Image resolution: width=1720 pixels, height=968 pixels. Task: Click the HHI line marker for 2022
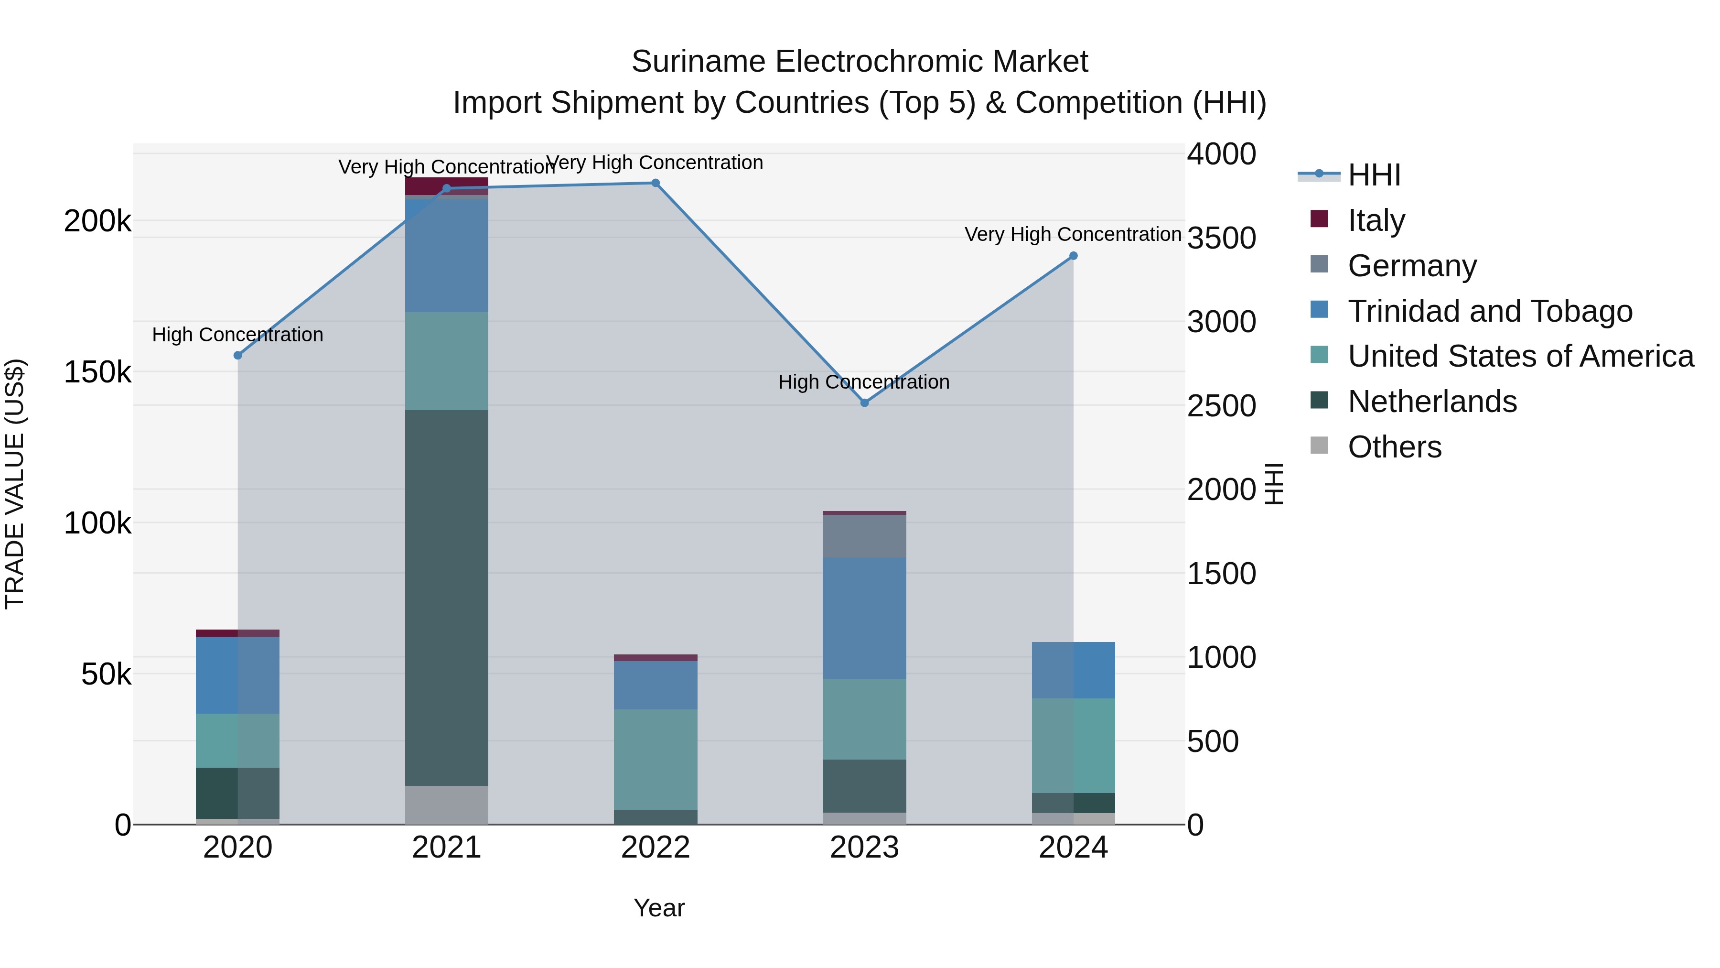point(655,183)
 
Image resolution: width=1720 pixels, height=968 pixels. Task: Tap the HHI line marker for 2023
point(864,403)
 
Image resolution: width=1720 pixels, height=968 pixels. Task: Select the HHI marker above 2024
point(1073,256)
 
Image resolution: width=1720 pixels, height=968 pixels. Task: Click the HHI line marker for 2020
point(238,355)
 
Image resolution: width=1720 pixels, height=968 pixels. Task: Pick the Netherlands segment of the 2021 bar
point(447,598)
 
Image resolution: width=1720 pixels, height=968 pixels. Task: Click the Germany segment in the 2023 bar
point(864,536)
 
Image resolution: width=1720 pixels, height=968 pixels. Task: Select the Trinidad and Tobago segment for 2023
point(864,619)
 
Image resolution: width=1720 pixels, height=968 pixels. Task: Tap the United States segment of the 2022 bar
point(655,760)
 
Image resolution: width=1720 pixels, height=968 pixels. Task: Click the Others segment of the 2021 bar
point(447,805)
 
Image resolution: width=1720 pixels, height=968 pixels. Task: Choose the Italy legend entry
point(1376,220)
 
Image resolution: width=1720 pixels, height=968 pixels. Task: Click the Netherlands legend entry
point(1431,402)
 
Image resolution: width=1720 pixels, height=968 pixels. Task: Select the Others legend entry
point(1394,447)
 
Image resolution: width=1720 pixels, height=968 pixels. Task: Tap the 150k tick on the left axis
point(97,372)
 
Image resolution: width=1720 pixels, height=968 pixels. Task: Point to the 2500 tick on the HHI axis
point(1221,405)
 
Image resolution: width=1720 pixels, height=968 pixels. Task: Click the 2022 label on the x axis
point(655,848)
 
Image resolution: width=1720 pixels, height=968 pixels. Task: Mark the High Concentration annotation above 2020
point(238,334)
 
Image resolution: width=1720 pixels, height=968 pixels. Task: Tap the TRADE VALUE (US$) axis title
point(15,484)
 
